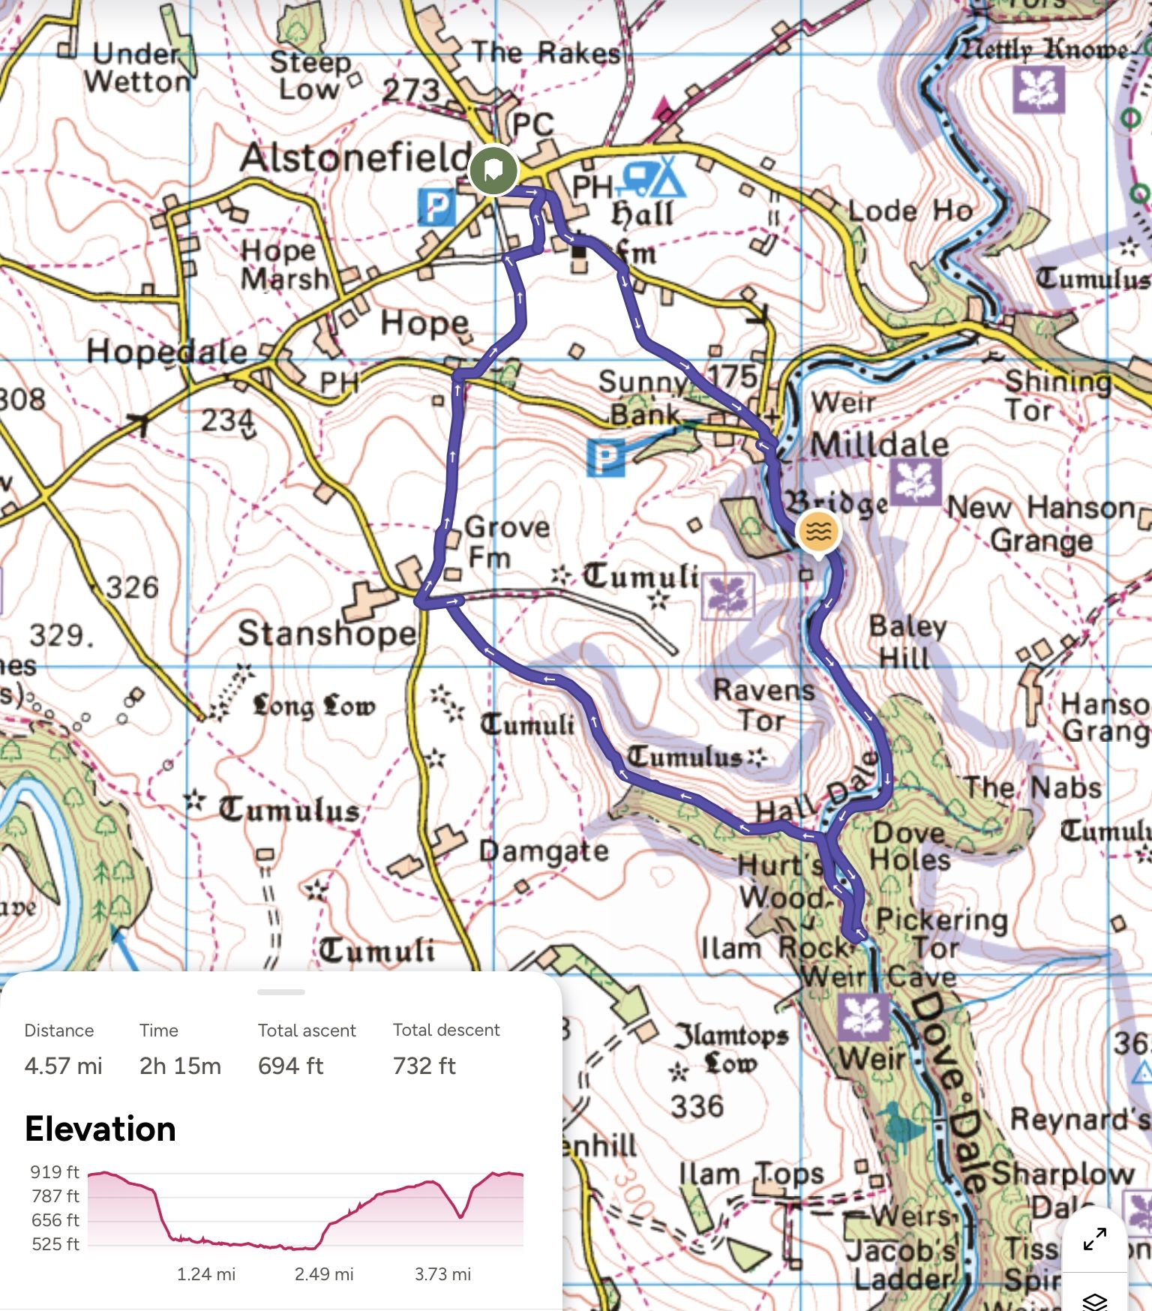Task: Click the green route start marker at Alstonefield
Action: click(x=493, y=169)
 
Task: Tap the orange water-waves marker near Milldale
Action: click(x=818, y=531)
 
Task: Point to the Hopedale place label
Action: click(x=166, y=351)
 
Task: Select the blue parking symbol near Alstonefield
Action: click(x=436, y=206)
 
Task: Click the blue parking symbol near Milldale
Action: click(x=606, y=457)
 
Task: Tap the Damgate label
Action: click(x=544, y=851)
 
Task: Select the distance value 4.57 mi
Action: click(x=63, y=1066)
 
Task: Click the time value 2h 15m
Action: click(x=180, y=1066)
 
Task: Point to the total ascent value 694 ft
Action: click(x=290, y=1066)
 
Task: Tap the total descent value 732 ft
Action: click(x=424, y=1066)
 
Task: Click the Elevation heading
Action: click(x=100, y=1129)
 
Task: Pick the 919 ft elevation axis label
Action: click(x=55, y=1172)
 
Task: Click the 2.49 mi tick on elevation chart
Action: click(x=323, y=1274)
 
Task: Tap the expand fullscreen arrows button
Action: click(x=1095, y=1239)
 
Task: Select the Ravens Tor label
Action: click(x=763, y=705)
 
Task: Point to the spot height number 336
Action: click(x=697, y=1106)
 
